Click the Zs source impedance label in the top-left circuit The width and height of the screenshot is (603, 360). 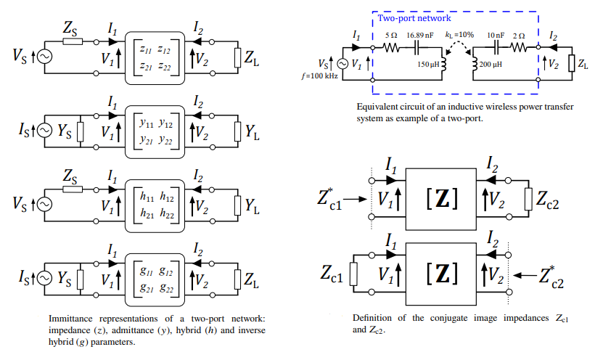point(70,28)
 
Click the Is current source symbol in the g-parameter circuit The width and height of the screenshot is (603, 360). point(44,279)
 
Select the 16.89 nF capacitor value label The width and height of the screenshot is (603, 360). point(420,35)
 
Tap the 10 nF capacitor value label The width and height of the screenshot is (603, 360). point(496,35)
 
